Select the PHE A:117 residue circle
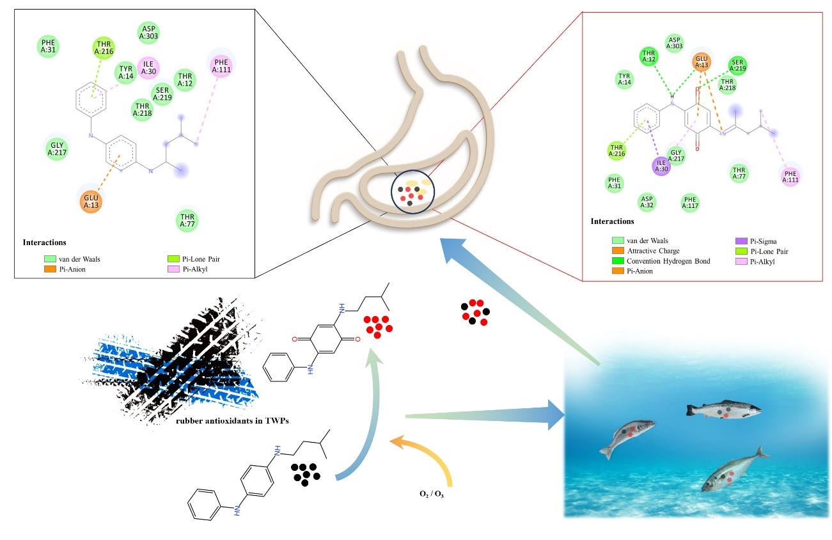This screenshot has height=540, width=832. click(691, 203)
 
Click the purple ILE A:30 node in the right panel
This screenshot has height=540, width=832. click(662, 166)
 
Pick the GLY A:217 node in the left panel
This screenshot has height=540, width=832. click(56, 149)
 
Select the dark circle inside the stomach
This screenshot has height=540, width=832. click(413, 191)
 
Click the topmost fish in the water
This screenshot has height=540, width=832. click(723, 409)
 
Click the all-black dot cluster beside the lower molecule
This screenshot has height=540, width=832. click(306, 473)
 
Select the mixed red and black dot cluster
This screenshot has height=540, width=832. click(475, 312)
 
